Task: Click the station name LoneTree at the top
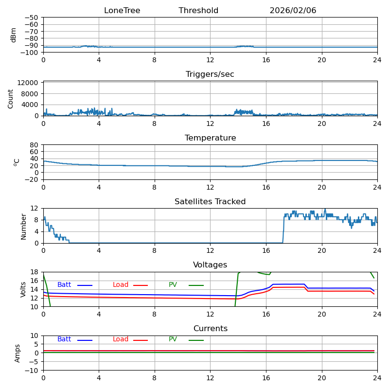(122, 11)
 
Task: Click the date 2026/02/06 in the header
(293, 11)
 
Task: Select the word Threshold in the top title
(198, 11)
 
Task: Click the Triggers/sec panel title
(210, 74)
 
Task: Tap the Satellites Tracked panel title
(210, 202)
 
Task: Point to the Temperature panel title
(210, 138)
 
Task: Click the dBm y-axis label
(14, 35)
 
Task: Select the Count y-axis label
(11, 98)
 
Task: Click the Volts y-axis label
(23, 289)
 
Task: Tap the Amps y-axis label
(18, 353)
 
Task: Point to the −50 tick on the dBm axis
(31, 18)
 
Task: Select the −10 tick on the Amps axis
(32, 371)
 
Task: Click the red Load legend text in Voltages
(121, 285)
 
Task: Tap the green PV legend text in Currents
(173, 339)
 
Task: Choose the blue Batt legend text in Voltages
(64, 285)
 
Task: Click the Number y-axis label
(23, 226)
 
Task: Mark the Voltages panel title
(210, 265)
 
